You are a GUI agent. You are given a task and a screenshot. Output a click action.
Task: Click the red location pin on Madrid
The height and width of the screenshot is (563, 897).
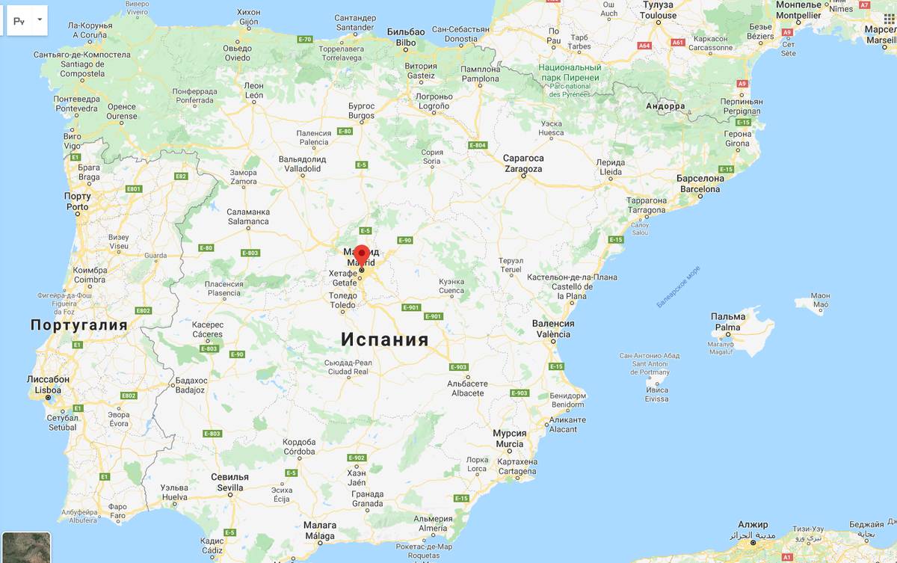pyautogui.click(x=362, y=253)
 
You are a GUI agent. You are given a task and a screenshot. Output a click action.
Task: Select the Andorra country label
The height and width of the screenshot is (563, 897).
pyautogui.click(x=665, y=106)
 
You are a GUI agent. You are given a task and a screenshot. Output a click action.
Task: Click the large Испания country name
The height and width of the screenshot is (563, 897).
pyautogui.click(x=385, y=339)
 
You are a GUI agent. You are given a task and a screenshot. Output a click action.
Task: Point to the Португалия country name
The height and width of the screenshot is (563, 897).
pyautogui.click(x=78, y=325)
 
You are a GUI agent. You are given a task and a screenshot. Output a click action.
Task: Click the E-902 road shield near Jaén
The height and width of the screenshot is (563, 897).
pyautogui.click(x=357, y=458)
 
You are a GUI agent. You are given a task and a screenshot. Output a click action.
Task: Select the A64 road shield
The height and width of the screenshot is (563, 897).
pyautogui.click(x=644, y=45)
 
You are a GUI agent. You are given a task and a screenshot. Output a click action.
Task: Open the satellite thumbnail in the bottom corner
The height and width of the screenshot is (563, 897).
pyautogui.click(x=26, y=547)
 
